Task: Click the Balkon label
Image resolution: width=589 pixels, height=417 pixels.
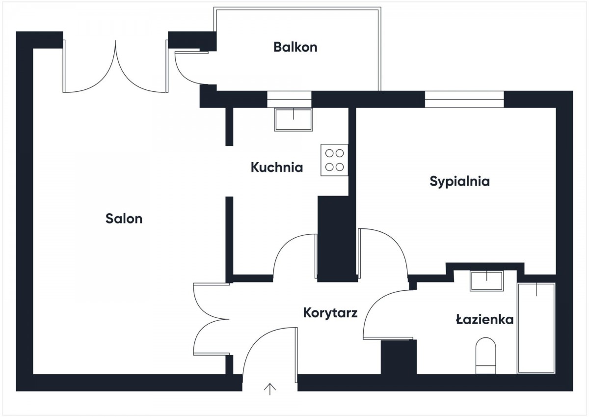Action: [295, 47]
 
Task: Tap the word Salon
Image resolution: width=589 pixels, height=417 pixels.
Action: [124, 219]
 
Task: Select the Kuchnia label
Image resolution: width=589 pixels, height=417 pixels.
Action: [277, 167]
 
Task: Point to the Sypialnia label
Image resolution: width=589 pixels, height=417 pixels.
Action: [459, 182]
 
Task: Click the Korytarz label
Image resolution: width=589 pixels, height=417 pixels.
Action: [330, 313]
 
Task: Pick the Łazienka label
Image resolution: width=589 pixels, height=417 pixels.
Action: [484, 319]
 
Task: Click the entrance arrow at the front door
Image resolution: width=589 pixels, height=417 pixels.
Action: [270, 389]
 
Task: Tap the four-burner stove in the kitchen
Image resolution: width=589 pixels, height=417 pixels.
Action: [334, 160]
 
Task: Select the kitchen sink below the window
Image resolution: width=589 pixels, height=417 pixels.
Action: [294, 119]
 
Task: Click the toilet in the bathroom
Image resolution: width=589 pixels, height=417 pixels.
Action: [485, 356]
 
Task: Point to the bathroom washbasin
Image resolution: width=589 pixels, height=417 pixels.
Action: [487, 281]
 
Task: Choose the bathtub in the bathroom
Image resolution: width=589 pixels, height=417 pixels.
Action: [536, 328]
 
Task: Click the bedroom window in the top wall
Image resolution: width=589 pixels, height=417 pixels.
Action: [464, 99]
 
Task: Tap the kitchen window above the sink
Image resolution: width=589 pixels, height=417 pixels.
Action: [289, 99]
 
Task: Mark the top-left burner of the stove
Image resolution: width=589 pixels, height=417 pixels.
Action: [329, 153]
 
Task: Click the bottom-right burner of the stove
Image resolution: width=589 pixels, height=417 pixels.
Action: [340, 167]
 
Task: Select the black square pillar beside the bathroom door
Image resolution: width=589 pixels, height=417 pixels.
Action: [399, 357]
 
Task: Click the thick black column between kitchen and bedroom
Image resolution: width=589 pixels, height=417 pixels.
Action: [337, 239]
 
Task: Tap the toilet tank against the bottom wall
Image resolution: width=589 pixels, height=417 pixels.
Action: [485, 369]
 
